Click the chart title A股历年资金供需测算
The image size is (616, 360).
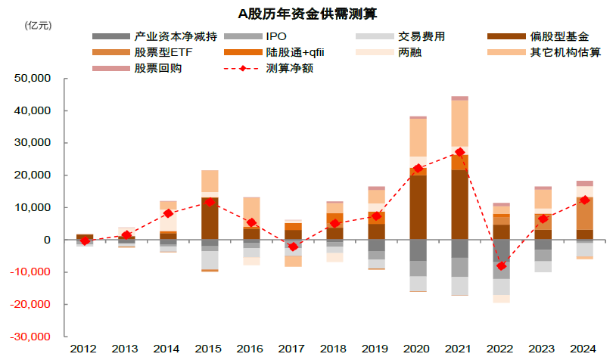(307, 14)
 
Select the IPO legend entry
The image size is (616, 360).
(276, 37)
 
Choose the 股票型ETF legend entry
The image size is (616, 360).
(163, 53)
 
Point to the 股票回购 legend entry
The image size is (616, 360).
(158, 69)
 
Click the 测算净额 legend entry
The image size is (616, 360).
(289, 69)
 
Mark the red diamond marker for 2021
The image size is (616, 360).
(459, 152)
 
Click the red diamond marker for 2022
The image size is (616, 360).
(501, 265)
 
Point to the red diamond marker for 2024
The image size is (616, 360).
(584, 200)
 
